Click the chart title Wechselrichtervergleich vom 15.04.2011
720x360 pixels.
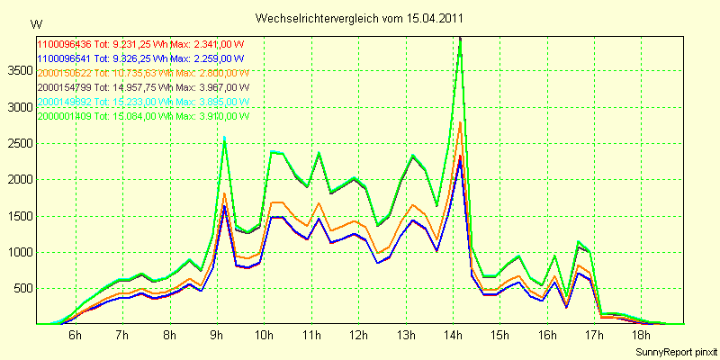pyautogui.click(x=360, y=18)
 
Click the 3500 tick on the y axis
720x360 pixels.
pyautogui.click(x=19, y=70)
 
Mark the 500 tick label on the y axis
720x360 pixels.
pyautogui.click(x=22, y=288)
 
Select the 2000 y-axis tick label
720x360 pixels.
pyautogui.click(x=19, y=179)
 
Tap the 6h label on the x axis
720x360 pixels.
pyautogui.click(x=76, y=335)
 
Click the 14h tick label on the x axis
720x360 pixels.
pyautogui.click(x=453, y=335)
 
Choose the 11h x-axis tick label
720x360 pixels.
pyautogui.click(x=311, y=335)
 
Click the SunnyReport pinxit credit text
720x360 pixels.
pyautogui.click(x=676, y=350)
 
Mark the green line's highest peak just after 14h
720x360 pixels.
pyautogui.click(x=461, y=40)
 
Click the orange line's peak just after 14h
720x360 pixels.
pyautogui.click(x=461, y=122)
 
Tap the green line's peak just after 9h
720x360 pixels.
pyautogui.click(x=224, y=138)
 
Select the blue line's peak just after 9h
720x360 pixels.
pyautogui.click(x=224, y=208)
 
